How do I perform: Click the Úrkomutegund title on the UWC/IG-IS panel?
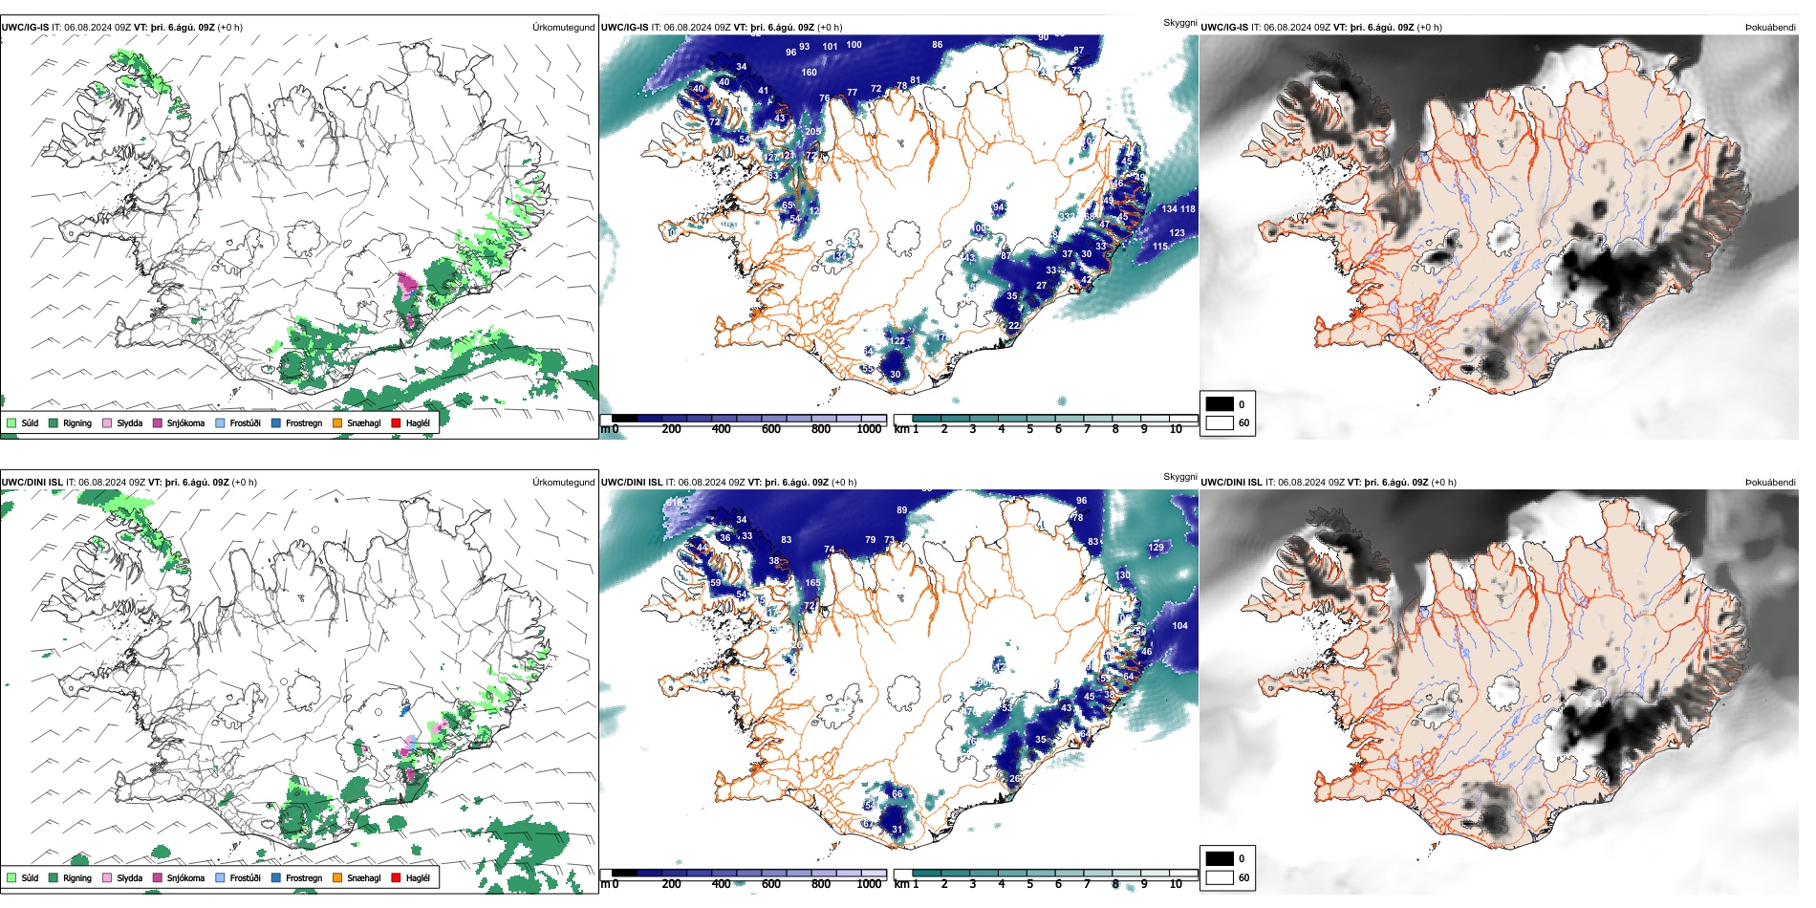coord(563,28)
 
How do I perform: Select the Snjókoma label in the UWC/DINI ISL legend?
coord(185,877)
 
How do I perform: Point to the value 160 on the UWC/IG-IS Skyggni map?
coord(809,73)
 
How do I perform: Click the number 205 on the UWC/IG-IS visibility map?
coord(812,132)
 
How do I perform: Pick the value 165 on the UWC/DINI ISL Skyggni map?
coord(812,583)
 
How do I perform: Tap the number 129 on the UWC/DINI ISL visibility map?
coord(1157,548)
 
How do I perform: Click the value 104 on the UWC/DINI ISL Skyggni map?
coord(1179,626)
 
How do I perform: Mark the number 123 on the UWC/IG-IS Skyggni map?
coord(1177,233)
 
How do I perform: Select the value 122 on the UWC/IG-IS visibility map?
coord(897,341)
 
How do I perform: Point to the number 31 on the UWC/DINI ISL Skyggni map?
coord(897,830)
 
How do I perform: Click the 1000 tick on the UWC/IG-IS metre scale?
coord(869,430)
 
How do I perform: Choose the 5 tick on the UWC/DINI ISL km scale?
coord(1029,884)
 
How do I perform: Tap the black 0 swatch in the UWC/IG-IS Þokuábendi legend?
coord(1220,404)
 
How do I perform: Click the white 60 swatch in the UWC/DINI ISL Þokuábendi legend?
coord(1220,877)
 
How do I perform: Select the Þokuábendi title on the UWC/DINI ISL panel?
coord(1770,483)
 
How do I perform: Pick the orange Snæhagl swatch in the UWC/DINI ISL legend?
coord(337,877)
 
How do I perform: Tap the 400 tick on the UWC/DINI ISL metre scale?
coord(721,884)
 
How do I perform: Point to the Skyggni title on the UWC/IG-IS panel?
coord(1179,22)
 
